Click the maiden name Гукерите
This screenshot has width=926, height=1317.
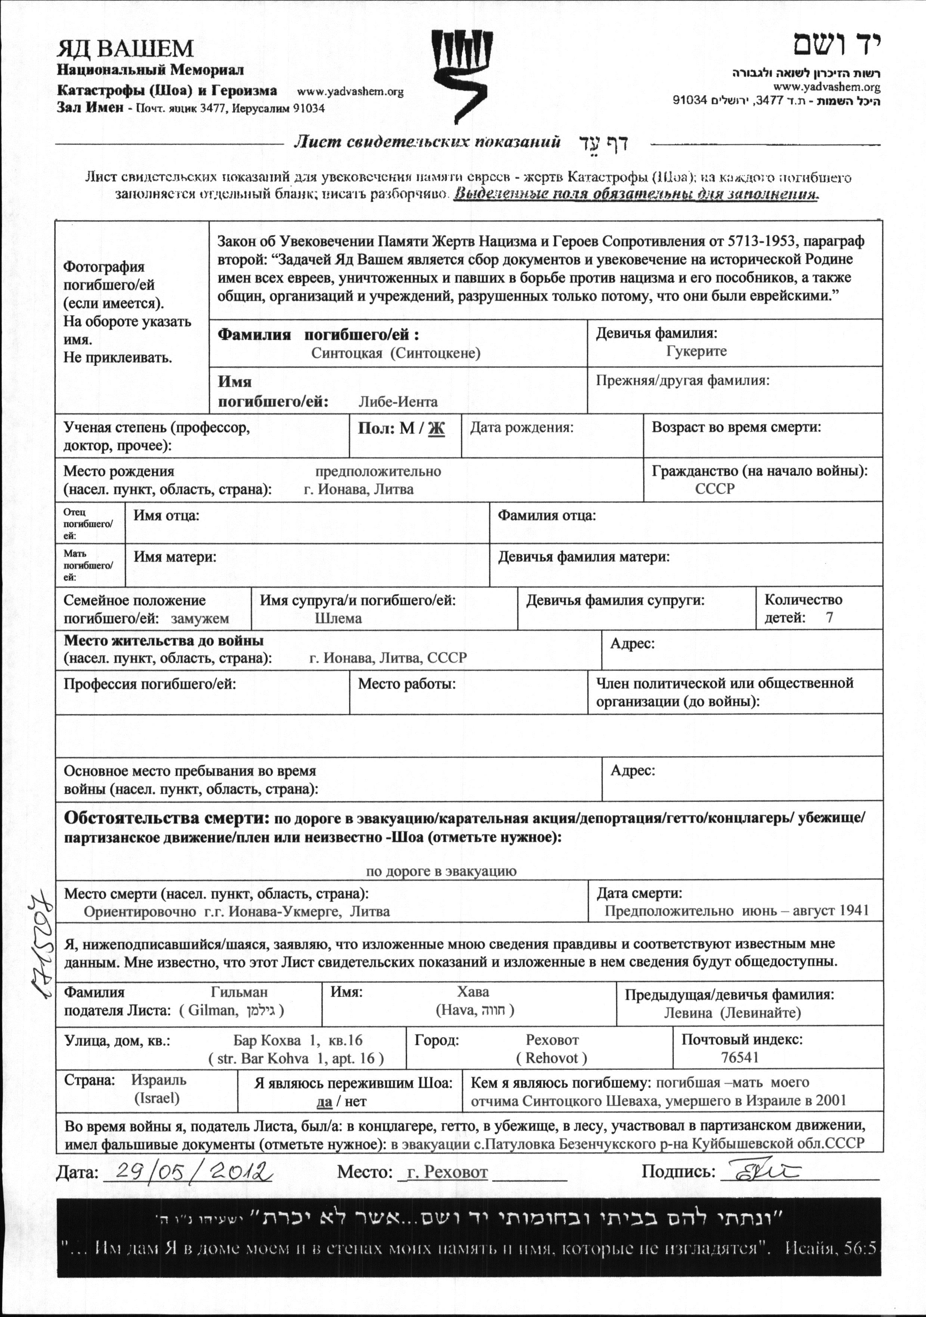696,351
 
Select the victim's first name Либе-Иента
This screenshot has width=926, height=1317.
398,402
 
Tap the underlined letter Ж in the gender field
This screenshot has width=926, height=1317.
436,429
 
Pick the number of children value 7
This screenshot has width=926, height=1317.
829,618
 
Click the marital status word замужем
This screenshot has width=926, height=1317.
200,618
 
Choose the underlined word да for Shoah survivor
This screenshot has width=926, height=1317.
324,1101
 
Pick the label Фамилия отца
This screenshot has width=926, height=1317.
546,515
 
